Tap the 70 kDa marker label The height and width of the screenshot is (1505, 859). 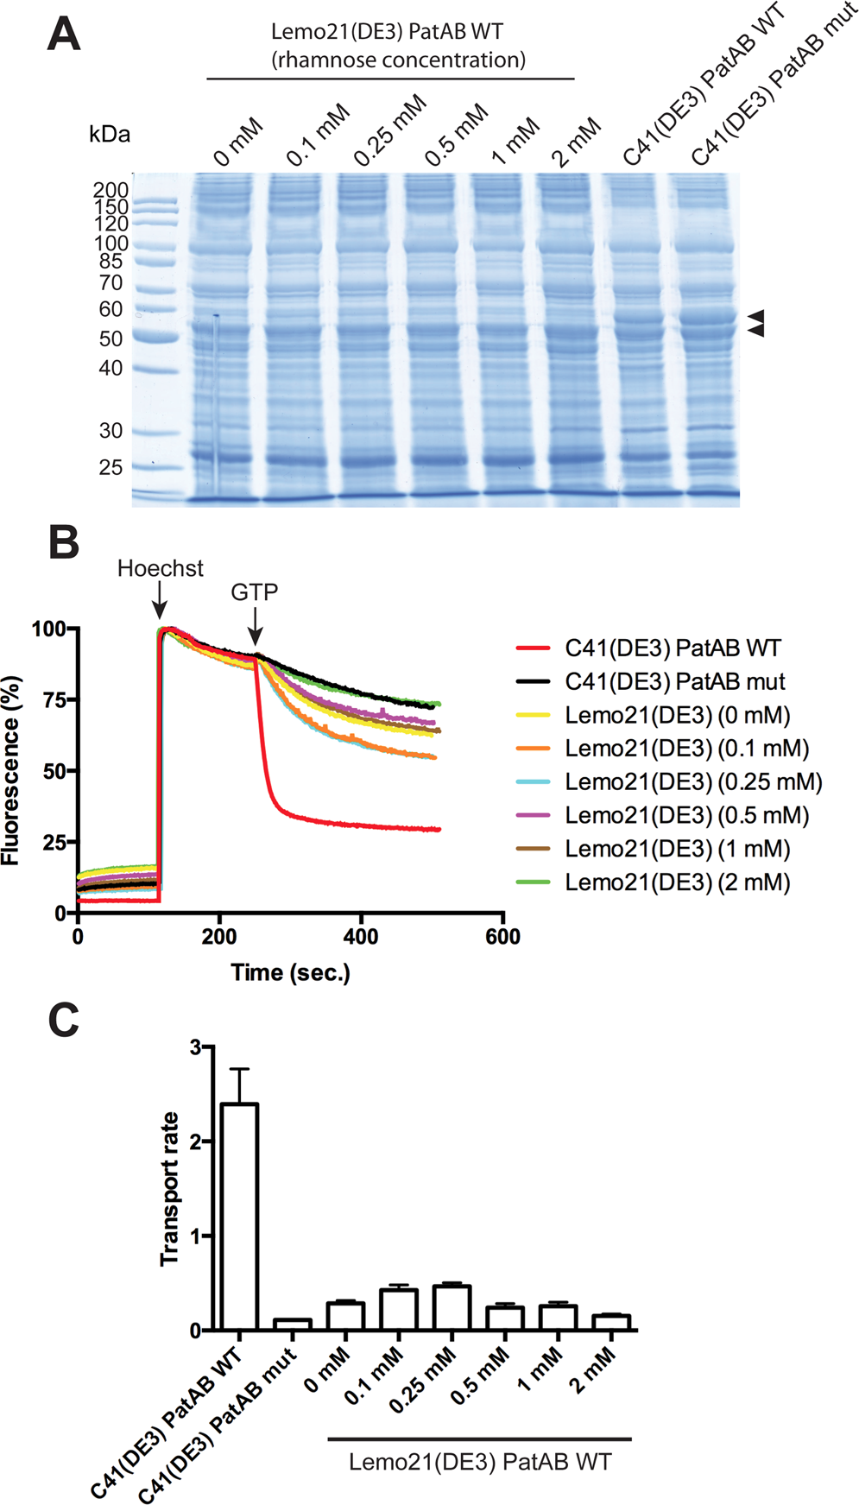pyautogui.click(x=111, y=282)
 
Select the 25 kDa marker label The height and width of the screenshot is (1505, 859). pyautogui.click(x=111, y=467)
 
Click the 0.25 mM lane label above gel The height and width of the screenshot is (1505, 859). pyautogui.click(x=390, y=130)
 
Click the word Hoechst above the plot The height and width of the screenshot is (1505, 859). pyautogui.click(x=161, y=568)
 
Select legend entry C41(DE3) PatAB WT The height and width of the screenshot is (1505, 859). pyautogui.click(x=673, y=648)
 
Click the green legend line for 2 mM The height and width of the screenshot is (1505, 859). pyautogui.click(x=532, y=882)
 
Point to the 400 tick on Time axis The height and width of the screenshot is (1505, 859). pyautogui.click(x=361, y=937)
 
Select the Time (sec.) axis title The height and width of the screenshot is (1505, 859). pyautogui.click(x=290, y=973)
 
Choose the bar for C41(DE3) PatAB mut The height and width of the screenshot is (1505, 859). pyautogui.click(x=293, y=1325)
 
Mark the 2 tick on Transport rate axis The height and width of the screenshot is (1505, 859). pyautogui.click(x=195, y=1141)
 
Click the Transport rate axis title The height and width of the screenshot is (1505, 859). pyautogui.click(x=170, y=1189)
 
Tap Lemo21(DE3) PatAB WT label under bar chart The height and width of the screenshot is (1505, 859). pyautogui.click(x=480, y=1462)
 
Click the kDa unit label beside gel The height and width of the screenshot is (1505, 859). pyautogui.click(x=110, y=134)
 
